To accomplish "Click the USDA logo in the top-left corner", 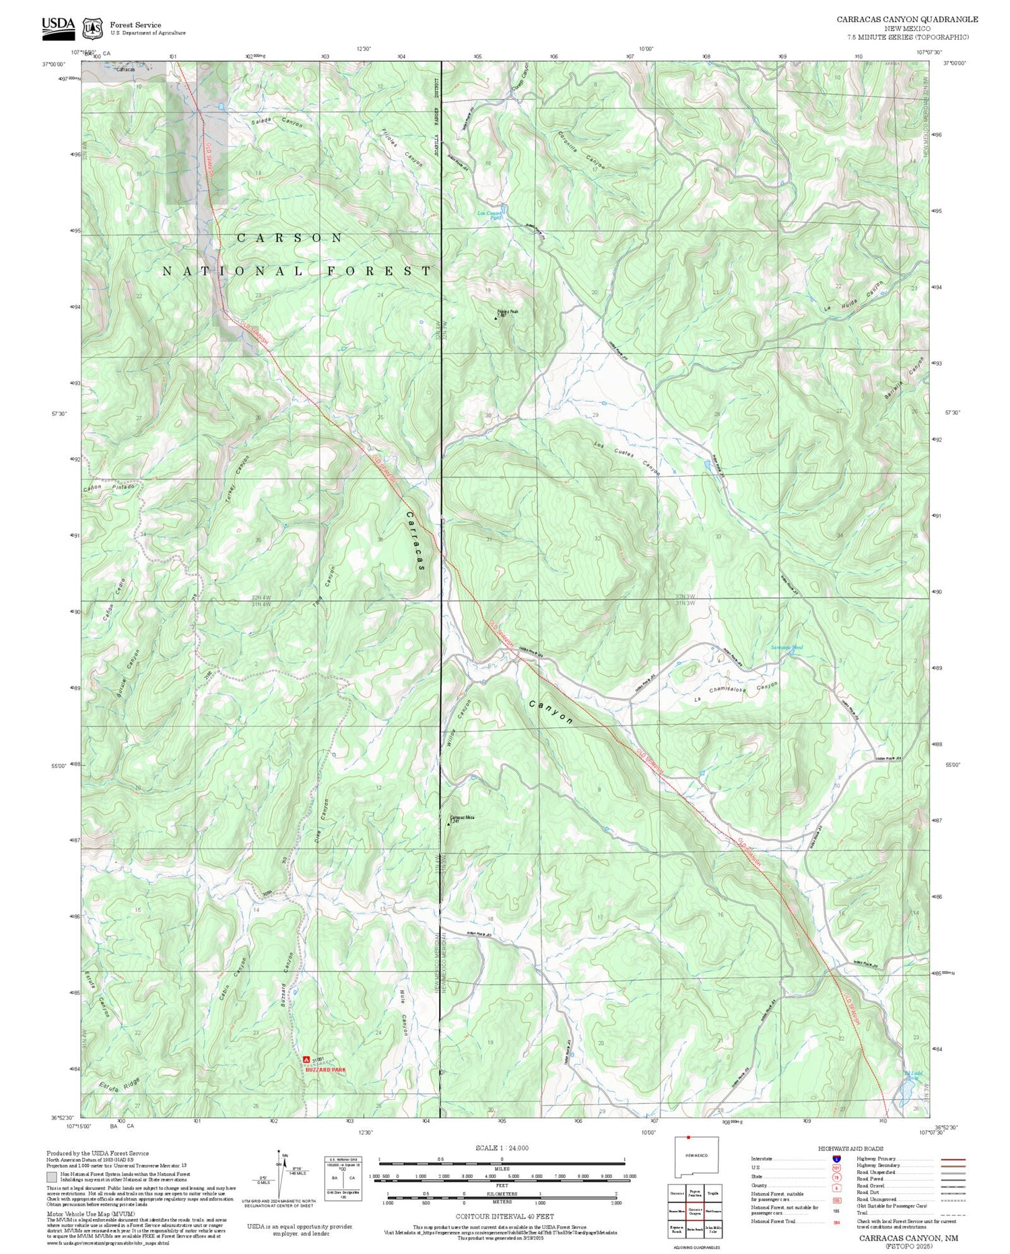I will [x=58, y=26].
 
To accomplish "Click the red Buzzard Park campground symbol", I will [x=307, y=1059].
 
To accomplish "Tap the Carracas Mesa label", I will [x=462, y=818].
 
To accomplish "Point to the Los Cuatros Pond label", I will [x=490, y=216].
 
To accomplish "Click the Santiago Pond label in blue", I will [x=786, y=648].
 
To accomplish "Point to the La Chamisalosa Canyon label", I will [x=737, y=692].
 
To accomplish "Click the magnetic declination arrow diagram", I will [x=279, y=1175].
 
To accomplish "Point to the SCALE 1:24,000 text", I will [x=502, y=1148].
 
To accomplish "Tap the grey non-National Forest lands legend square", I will [x=52, y=1177].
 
